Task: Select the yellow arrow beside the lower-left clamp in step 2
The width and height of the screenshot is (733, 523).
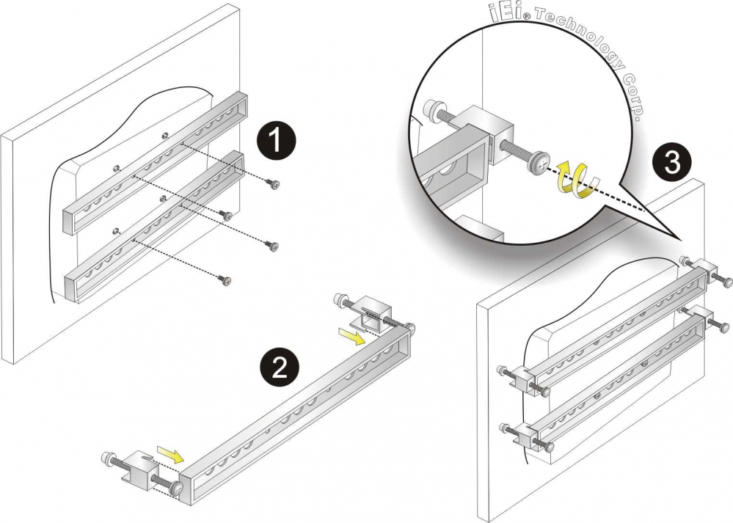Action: [169, 456]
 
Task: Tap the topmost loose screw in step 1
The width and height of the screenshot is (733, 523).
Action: [274, 185]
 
